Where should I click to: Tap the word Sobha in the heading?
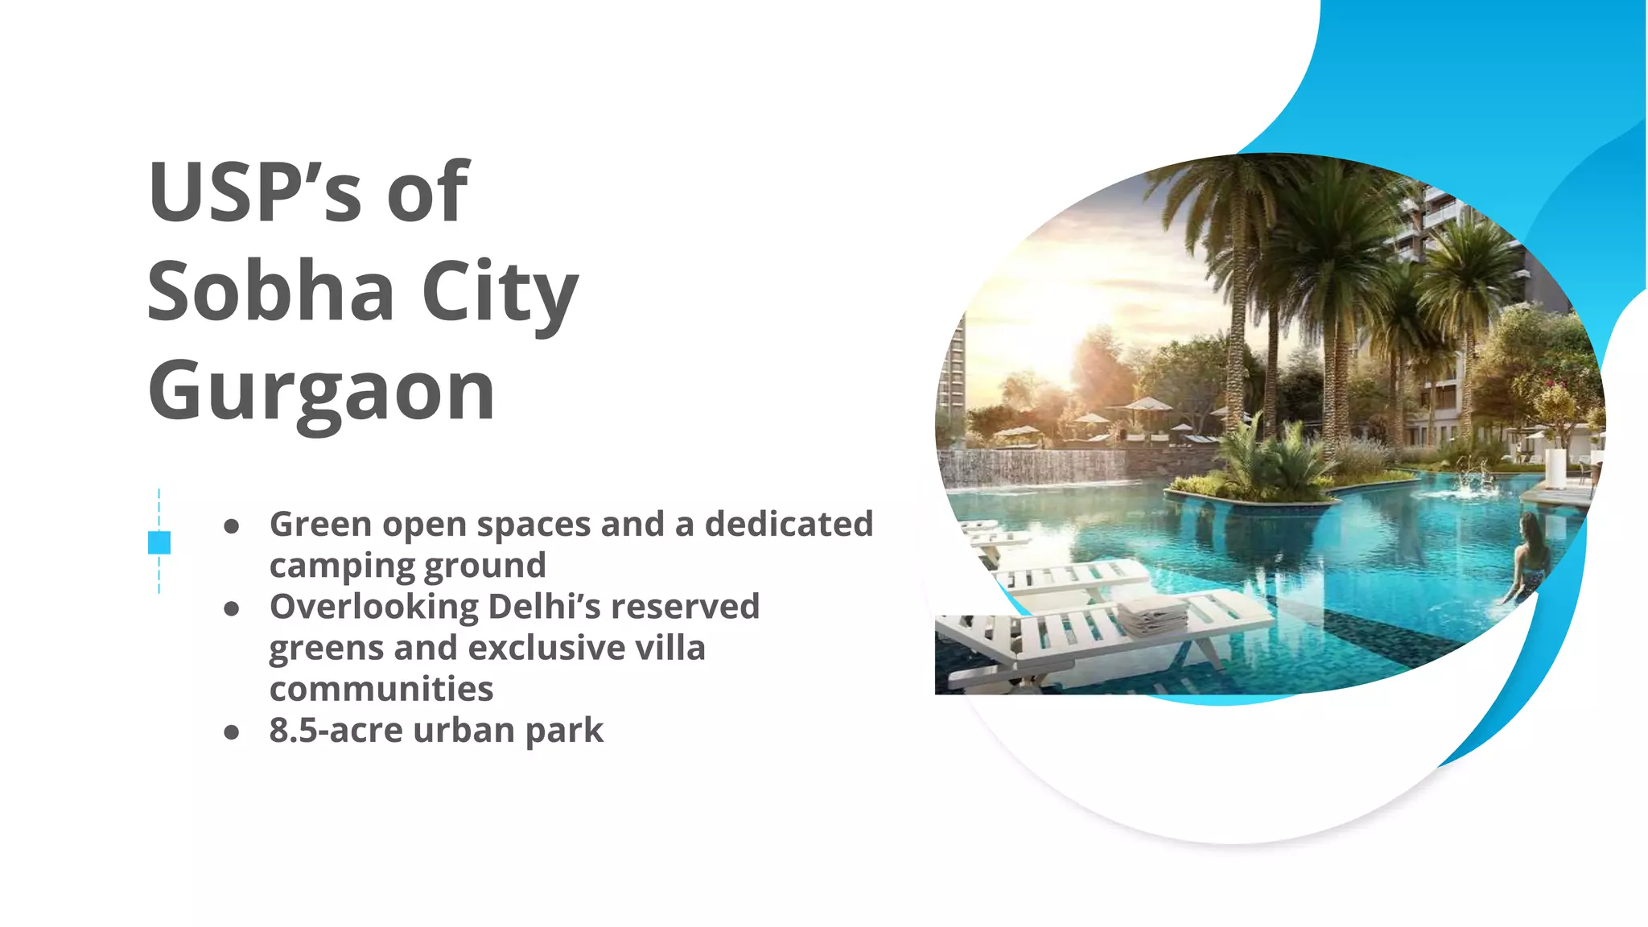[270, 291]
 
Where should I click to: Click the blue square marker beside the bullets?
[159, 542]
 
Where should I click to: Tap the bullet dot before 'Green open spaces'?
[232, 527]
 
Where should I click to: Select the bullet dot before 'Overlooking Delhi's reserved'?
[232, 609]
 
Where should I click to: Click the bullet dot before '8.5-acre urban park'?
[232, 732]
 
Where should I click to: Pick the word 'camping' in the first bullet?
[343, 566]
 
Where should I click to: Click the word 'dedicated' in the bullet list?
[789, 524]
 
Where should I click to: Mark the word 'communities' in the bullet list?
[381, 689]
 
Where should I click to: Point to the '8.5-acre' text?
[336, 730]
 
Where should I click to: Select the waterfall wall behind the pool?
[1038, 468]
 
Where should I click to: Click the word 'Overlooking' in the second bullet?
[374, 607]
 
